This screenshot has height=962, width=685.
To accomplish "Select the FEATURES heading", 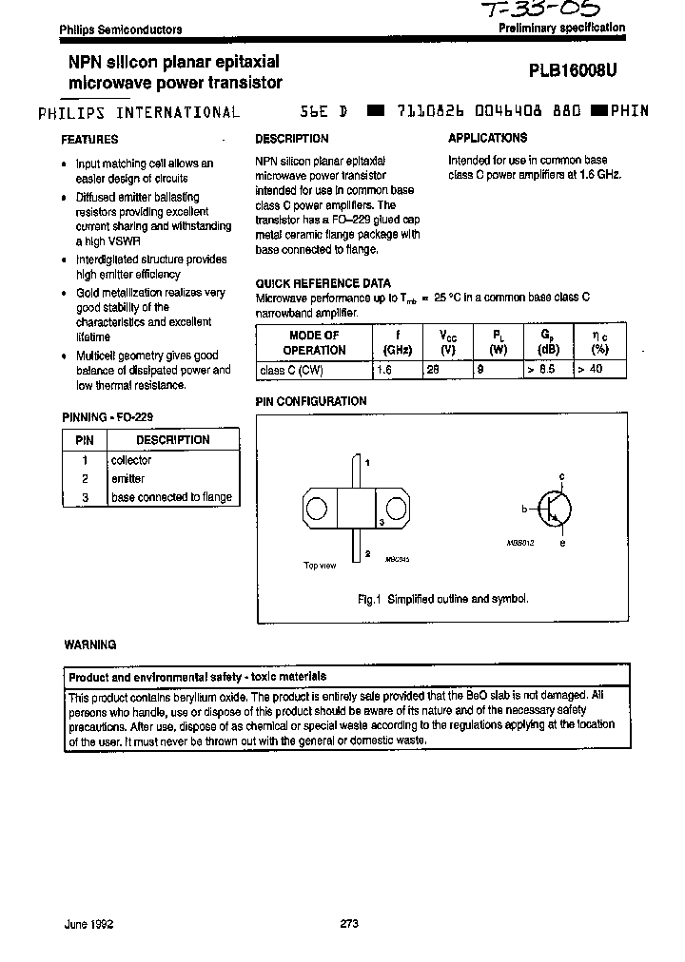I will pyautogui.click(x=89, y=139).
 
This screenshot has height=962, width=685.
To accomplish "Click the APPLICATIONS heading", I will pyautogui.click(x=487, y=138).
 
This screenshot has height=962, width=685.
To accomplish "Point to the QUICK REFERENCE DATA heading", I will pyautogui.click(x=323, y=283).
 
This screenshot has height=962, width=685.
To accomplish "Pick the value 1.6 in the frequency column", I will pyautogui.click(x=384, y=369).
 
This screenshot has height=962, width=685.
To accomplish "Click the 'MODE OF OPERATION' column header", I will pyautogui.click(x=314, y=342).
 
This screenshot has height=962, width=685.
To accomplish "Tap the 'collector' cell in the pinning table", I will pyautogui.click(x=131, y=460).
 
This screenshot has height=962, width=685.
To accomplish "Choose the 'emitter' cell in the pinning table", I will pyautogui.click(x=127, y=479).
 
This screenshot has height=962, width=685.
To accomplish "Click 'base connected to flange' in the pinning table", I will pyautogui.click(x=171, y=497).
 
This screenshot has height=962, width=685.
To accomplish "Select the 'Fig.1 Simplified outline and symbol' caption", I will pyautogui.click(x=442, y=599).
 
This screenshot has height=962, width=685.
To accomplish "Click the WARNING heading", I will pyautogui.click(x=89, y=645).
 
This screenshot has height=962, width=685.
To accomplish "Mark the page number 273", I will pyautogui.click(x=348, y=923).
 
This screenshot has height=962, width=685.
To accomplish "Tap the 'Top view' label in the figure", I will pyautogui.click(x=320, y=566).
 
